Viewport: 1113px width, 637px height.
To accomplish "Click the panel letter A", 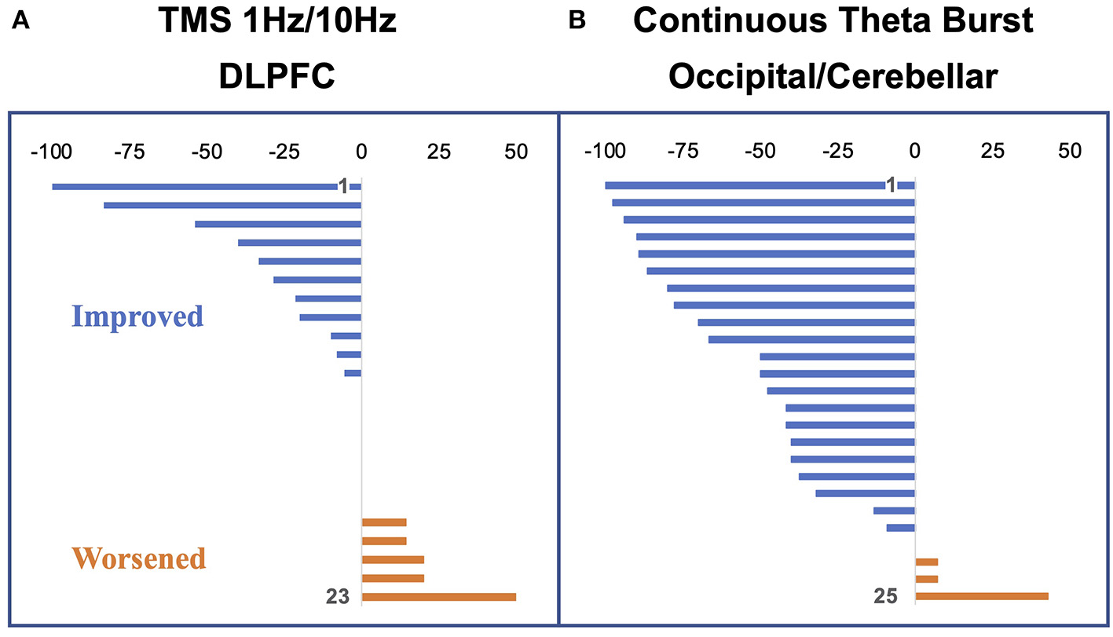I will [22, 22].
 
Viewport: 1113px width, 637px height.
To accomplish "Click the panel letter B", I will [577, 22].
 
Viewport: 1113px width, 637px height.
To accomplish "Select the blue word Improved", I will [137, 317].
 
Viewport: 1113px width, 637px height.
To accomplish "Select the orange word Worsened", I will [139, 558].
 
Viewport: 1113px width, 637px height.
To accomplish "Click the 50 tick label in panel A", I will [515, 150].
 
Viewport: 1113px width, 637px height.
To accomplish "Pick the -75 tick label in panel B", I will [682, 150].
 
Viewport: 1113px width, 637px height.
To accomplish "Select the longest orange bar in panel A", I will [438, 597].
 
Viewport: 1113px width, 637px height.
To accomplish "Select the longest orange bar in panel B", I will [982, 597].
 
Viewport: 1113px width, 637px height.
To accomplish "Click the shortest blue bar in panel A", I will [353, 373].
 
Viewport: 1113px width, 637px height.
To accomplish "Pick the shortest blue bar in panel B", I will [900, 528].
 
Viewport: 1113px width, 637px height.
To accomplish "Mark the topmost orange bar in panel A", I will [384, 522].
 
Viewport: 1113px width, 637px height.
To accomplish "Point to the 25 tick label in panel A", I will [438, 150].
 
